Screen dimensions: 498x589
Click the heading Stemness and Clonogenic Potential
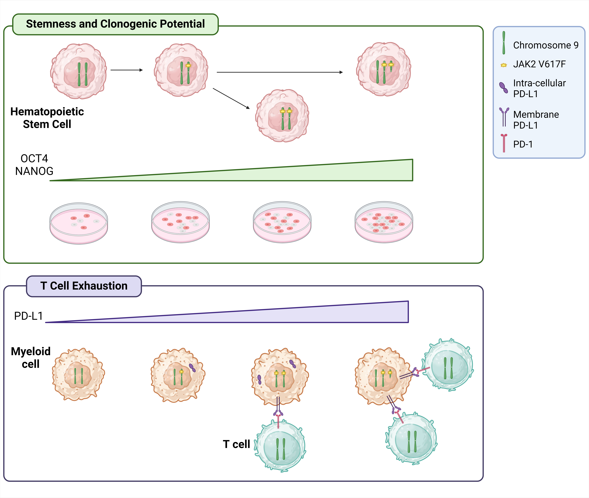tap(115, 24)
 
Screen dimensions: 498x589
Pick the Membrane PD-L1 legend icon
tap(504, 116)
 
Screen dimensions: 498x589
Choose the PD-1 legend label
tap(523, 144)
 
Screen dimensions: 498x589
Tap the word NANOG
tap(34, 171)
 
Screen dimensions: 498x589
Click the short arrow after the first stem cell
tap(127, 70)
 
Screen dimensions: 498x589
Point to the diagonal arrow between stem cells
tap(231, 98)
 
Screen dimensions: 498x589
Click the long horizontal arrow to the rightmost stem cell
tap(280, 72)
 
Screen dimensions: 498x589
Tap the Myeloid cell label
tap(30, 357)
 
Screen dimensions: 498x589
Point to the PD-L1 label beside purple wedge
tap(28, 316)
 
